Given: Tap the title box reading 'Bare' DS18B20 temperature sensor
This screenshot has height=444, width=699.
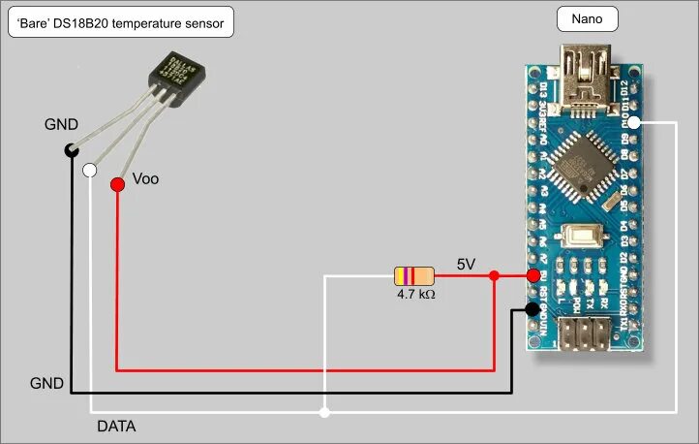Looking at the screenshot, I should (121, 23).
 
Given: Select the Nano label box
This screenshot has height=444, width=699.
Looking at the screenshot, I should (587, 18).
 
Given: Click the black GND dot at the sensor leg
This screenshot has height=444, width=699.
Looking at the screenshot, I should (71, 149).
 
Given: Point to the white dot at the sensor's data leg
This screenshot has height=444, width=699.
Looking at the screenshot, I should (90, 171).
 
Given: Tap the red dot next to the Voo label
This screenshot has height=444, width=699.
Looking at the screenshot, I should (117, 183).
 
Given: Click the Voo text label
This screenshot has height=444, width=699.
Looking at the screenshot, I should (145, 179).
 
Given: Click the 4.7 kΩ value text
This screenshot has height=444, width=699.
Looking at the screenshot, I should (415, 294).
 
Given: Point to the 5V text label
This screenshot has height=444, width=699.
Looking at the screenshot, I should (466, 264).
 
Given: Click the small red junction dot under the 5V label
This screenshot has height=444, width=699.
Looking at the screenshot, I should (494, 276).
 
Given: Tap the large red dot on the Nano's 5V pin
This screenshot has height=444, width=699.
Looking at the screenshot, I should (532, 275).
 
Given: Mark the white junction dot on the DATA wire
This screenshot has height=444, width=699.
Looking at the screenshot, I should (324, 413).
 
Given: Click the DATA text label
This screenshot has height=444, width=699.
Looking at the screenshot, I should (116, 427).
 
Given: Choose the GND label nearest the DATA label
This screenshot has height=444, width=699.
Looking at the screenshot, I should (46, 384).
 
